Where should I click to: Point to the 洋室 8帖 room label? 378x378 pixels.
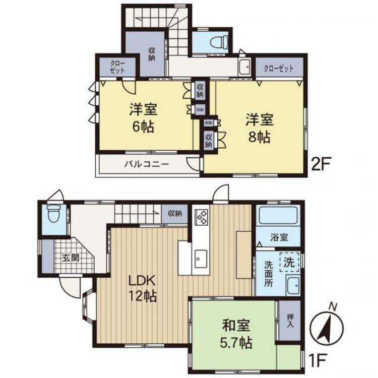(260, 128)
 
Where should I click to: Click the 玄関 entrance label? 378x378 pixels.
(70, 258)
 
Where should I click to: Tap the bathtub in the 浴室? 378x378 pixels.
(278, 217)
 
